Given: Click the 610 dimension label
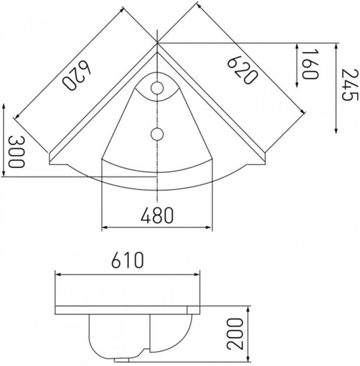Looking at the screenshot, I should [127, 261].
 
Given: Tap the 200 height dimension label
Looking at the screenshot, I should [236, 334].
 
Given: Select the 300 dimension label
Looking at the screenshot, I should [16, 152].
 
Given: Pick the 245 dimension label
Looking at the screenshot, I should [347, 85].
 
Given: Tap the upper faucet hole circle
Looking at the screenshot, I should [157, 88].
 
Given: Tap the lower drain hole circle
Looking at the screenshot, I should [157, 134].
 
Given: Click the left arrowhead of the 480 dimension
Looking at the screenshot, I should [104, 228].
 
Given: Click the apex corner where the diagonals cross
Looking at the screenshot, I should [157, 42].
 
